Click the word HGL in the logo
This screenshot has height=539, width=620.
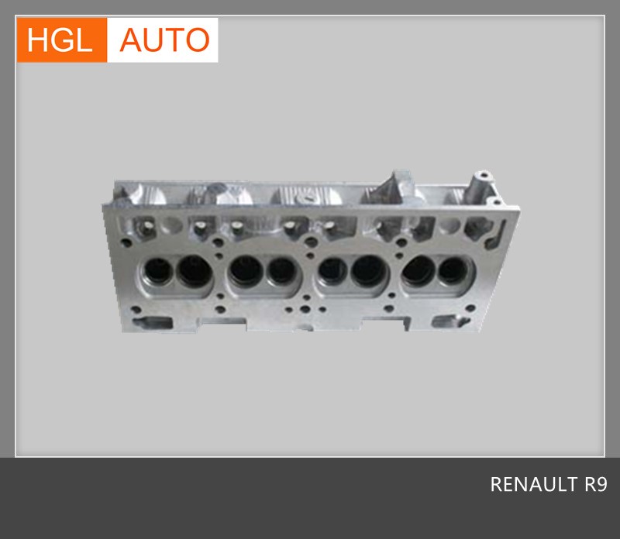click(x=60, y=40)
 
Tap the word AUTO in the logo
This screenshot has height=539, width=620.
click(x=164, y=40)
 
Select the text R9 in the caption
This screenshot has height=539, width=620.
click(x=596, y=484)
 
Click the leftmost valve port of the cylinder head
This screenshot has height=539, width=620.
click(x=157, y=271)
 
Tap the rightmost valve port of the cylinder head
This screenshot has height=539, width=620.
click(x=453, y=271)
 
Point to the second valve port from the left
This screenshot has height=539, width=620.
click(x=195, y=271)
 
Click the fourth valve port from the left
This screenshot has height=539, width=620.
click(x=281, y=271)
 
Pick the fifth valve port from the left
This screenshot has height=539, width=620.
click(x=333, y=271)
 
